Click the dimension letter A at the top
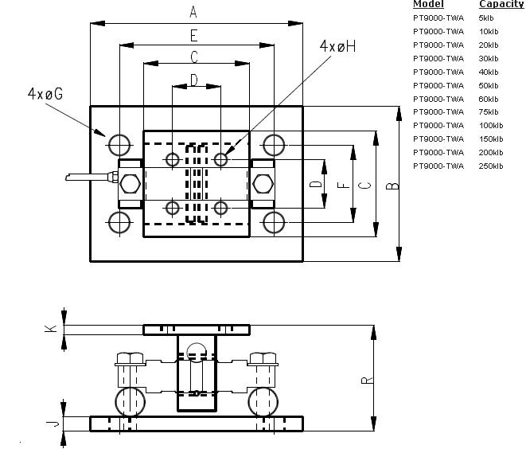[x=193, y=12]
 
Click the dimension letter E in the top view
[x=193, y=35]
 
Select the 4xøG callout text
[x=45, y=94]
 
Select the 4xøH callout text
[x=337, y=47]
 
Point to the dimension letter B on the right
[x=392, y=185]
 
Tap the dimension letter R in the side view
[x=366, y=380]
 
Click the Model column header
[x=428, y=5]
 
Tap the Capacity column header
[x=501, y=5]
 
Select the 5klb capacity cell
[x=486, y=18]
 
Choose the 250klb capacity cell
[x=491, y=166]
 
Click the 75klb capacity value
[x=489, y=111]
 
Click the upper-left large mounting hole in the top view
[x=119, y=145]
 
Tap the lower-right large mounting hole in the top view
[x=273, y=221]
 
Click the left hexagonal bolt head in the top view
[x=131, y=184]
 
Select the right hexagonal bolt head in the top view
[x=262, y=184]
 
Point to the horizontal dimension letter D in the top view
[x=193, y=80]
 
